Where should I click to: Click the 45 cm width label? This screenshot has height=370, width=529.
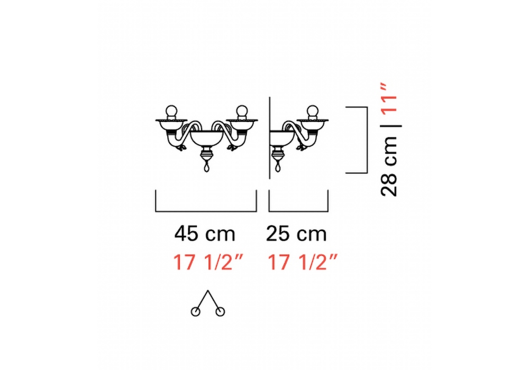pyautogui.click(x=204, y=234)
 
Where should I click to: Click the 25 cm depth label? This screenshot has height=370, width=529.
pyautogui.click(x=296, y=234)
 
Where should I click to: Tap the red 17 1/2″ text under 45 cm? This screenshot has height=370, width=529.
pyautogui.click(x=208, y=262)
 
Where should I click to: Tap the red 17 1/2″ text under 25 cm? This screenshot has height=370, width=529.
pyautogui.click(x=302, y=262)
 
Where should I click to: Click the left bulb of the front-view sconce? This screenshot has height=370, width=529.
pyautogui.click(x=171, y=111)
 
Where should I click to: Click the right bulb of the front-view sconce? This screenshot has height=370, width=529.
pyautogui.click(x=242, y=111)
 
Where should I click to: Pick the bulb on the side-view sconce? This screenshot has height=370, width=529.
pyautogui.click(x=313, y=111)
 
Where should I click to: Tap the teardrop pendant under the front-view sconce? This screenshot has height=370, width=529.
pyautogui.click(x=207, y=166)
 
